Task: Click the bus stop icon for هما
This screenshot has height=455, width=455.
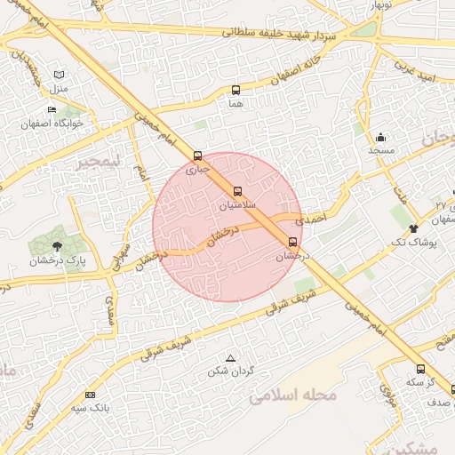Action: pyautogui.click(x=235, y=90)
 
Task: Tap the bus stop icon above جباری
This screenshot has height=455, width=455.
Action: pyautogui.click(x=197, y=155)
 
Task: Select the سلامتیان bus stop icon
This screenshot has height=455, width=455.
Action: pyautogui.click(x=237, y=191)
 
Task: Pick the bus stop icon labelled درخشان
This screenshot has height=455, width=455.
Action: pyautogui.click(x=293, y=241)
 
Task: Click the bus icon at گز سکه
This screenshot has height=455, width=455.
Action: pyautogui.click(x=420, y=369)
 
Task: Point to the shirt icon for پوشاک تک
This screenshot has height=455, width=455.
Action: pyautogui.click(x=413, y=228)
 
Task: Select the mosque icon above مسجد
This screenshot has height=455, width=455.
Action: pyautogui.click(x=381, y=138)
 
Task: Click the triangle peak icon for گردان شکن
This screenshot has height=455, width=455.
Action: pyautogui.click(x=230, y=357)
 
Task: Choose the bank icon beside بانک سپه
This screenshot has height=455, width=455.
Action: pyautogui.click(x=90, y=395)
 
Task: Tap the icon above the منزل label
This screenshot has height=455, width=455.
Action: pyautogui.click(x=59, y=76)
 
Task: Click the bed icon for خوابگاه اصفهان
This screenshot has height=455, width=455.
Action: pyautogui.click(x=52, y=110)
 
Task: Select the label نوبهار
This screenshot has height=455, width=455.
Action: pyautogui.click(x=373, y=4)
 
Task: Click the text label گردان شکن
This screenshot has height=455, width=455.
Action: pyautogui.click(x=230, y=370)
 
